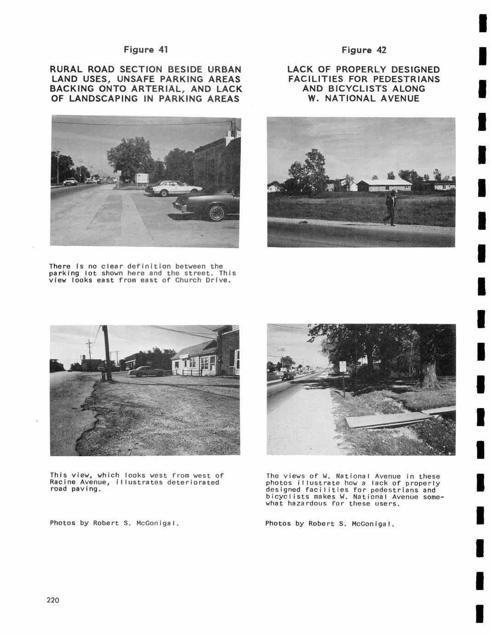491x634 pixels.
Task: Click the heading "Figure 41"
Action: (146, 49)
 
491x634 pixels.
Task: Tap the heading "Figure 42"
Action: (364, 50)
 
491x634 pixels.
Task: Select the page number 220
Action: (53, 600)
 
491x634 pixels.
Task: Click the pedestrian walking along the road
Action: (390, 208)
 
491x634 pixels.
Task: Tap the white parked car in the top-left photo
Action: (176, 188)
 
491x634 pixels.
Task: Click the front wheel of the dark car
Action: (216, 212)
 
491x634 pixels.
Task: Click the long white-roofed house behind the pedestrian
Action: (384, 185)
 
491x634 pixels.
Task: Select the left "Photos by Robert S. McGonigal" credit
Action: (114, 523)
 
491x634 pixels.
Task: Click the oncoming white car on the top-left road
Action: (71, 181)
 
